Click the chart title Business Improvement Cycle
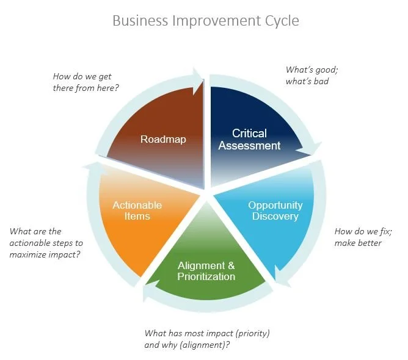(206, 21)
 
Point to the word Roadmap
(163, 139)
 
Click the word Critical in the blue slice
(250, 133)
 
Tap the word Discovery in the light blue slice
(275, 216)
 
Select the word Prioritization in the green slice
(206, 276)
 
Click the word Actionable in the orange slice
(137, 205)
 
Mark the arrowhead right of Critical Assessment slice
(315, 149)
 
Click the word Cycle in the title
(279, 21)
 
